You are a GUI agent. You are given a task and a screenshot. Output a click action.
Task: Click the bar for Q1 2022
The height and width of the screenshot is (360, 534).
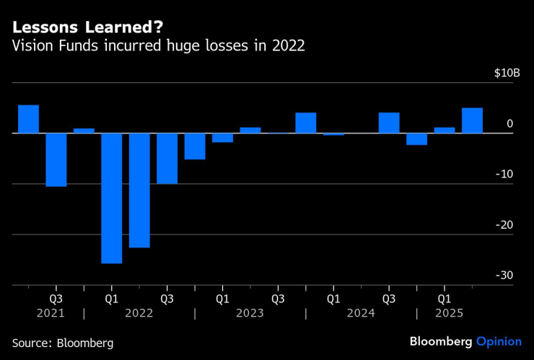(x=111, y=198)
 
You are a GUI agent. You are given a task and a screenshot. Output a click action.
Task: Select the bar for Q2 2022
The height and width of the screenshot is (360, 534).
(x=139, y=190)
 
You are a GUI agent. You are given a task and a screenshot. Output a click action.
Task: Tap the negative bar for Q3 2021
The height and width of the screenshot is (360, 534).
(x=56, y=159)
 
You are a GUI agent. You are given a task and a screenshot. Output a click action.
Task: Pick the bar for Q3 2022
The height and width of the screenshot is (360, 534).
(x=167, y=159)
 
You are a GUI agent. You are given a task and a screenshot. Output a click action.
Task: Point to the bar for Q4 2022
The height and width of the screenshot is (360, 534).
(x=195, y=146)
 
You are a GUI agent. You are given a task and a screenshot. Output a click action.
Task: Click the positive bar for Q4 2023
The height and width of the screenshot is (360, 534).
(x=305, y=123)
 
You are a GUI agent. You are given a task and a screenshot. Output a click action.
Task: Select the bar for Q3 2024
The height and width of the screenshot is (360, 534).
(x=389, y=123)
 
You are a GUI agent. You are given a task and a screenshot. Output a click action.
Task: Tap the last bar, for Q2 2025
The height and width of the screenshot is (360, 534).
(x=472, y=120)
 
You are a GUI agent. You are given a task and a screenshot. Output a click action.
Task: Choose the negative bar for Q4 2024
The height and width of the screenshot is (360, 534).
(x=416, y=139)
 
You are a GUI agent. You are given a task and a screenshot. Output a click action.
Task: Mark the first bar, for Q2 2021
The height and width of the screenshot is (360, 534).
(x=28, y=119)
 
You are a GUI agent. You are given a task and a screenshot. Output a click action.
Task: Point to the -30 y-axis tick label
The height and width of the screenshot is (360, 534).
(x=504, y=276)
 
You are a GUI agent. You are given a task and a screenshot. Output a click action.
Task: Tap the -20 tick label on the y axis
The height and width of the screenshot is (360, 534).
(x=504, y=225)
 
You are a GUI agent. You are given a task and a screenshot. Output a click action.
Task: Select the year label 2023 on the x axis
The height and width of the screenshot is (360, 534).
(x=250, y=313)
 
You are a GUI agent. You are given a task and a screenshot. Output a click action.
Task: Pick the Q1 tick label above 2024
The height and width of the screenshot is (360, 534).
(x=333, y=297)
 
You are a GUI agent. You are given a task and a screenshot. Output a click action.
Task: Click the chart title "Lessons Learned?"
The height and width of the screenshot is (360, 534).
(x=87, y=27)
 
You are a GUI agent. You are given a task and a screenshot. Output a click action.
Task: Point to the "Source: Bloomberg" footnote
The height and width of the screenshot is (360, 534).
(x=63, y=343)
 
